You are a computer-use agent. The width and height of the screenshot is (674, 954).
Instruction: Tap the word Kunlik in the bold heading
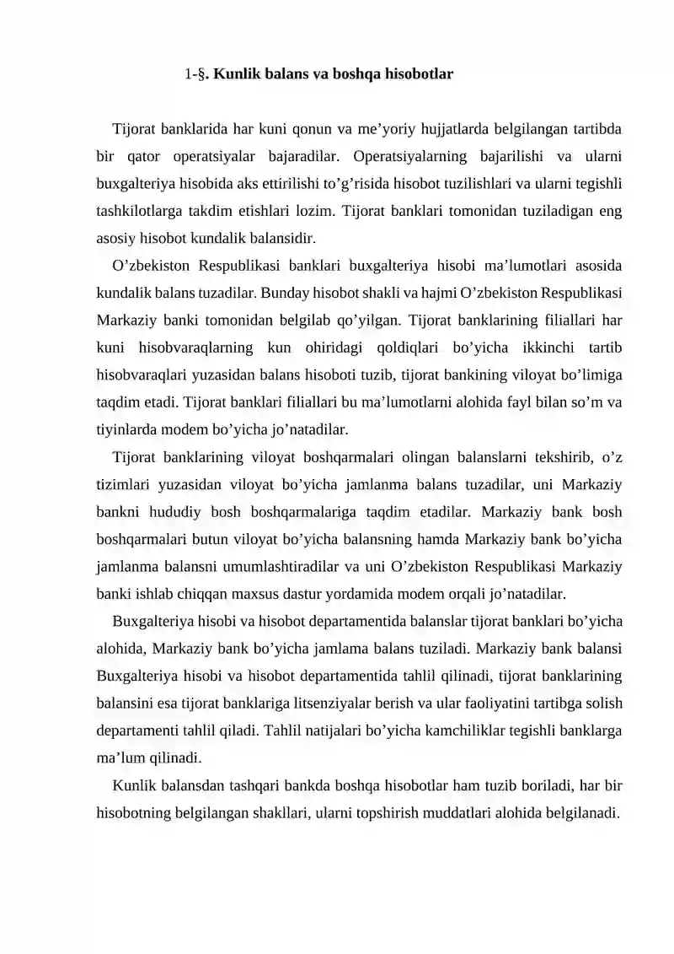236,74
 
